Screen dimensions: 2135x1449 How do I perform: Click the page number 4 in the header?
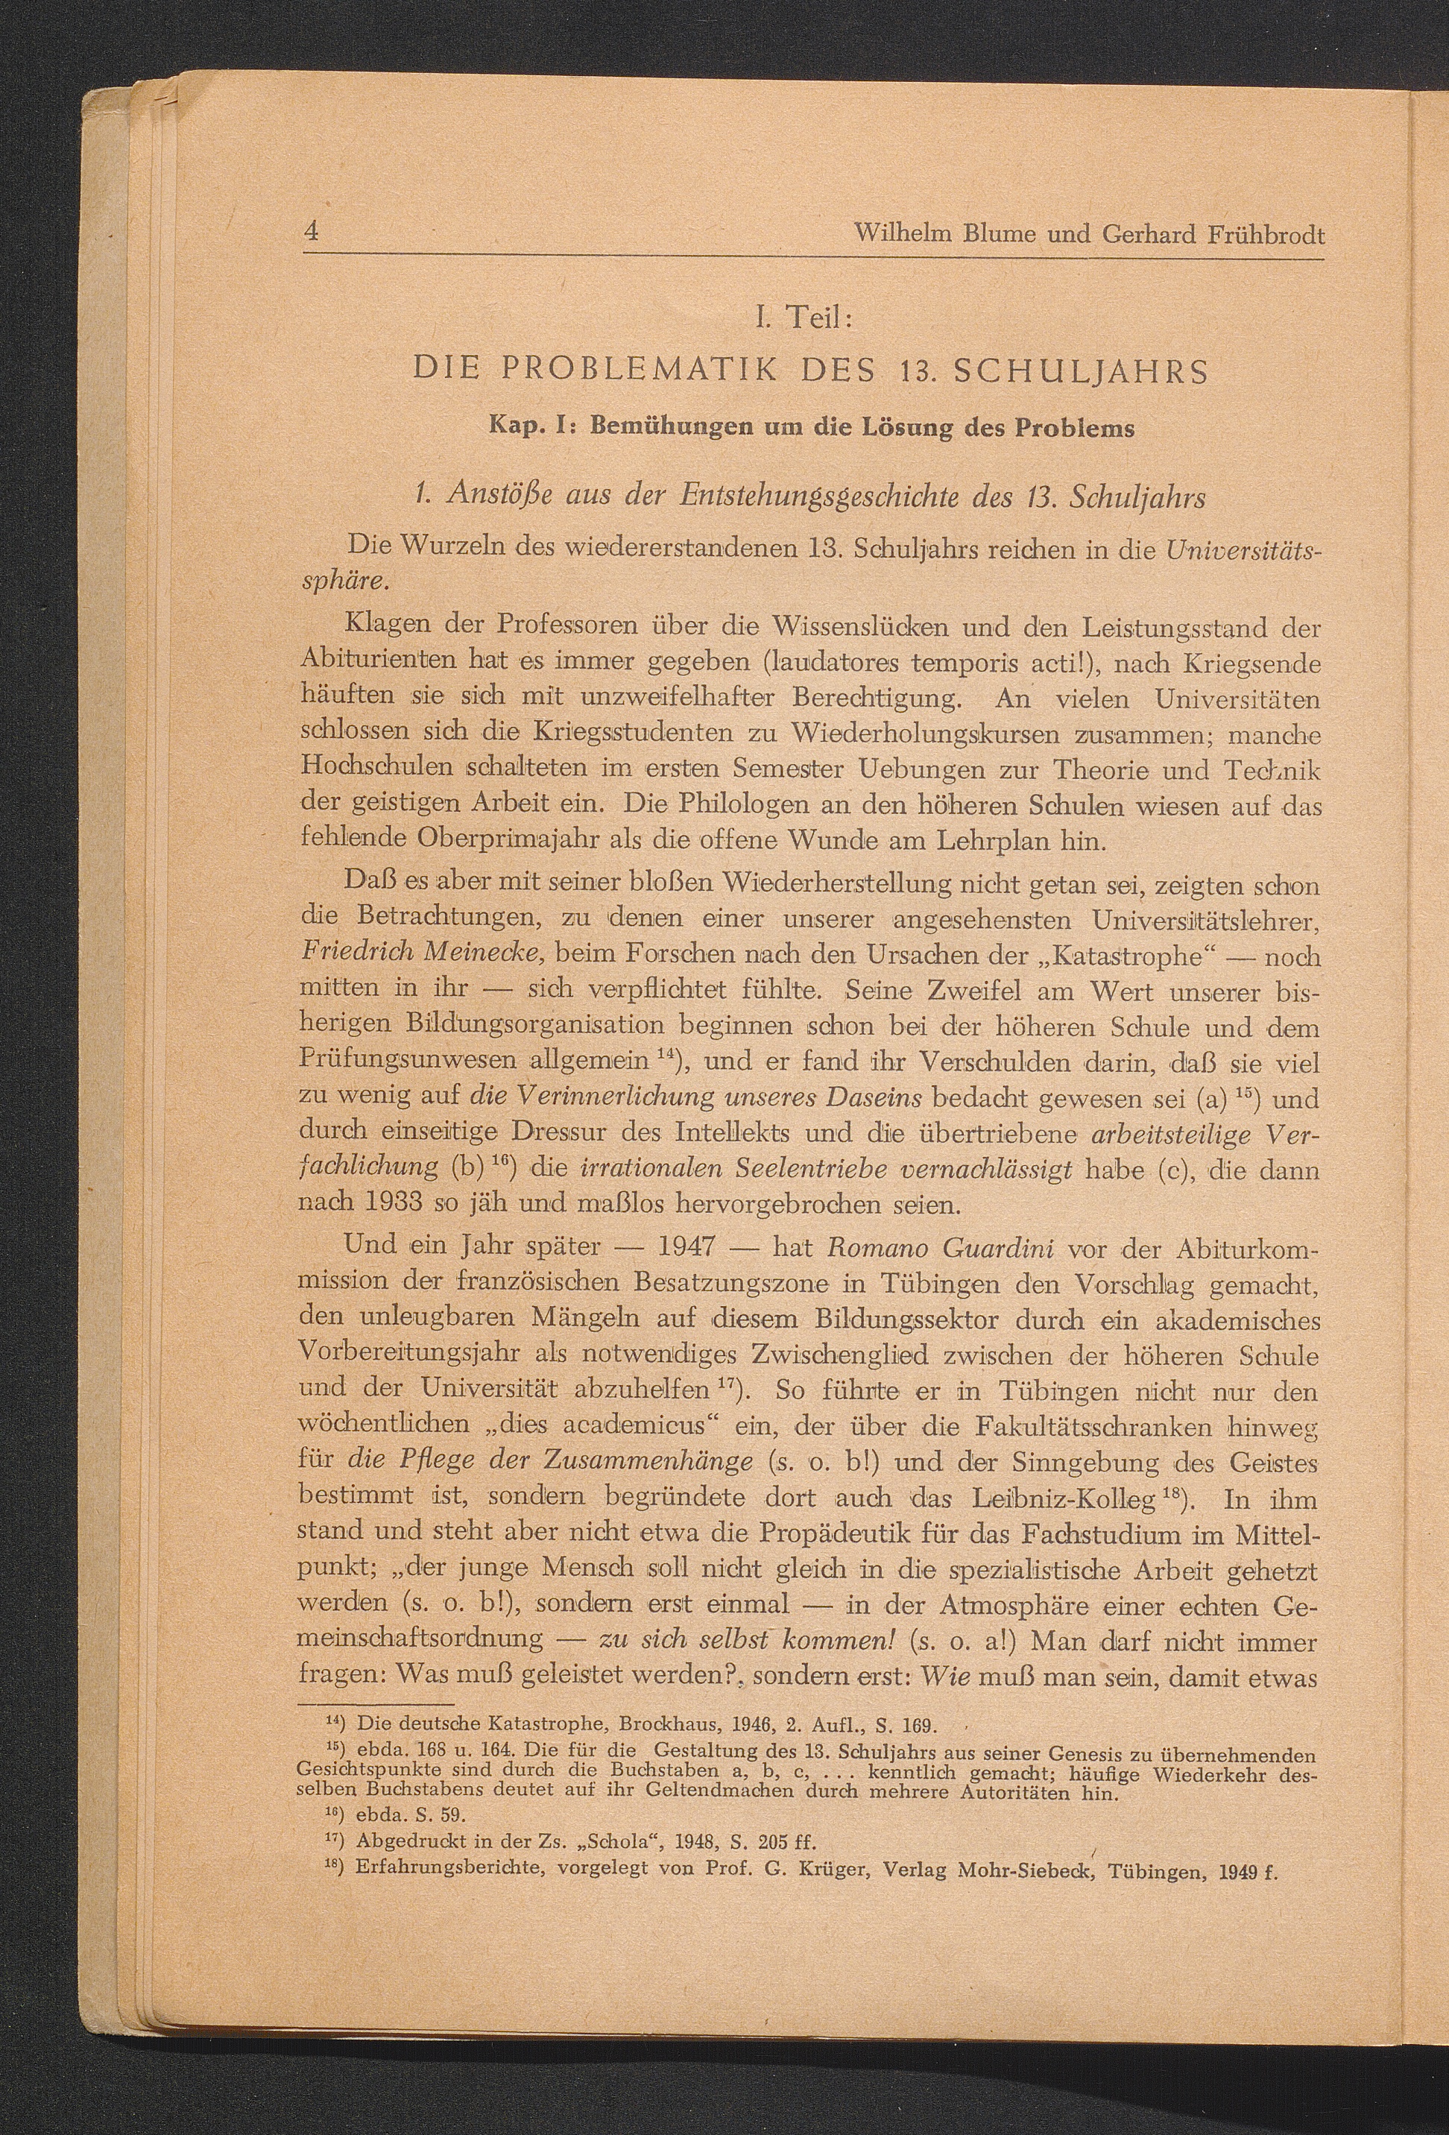pyautogui.click(x=312, y=233)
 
